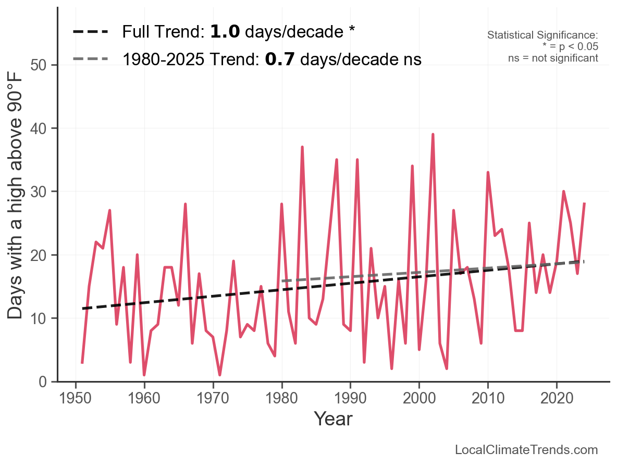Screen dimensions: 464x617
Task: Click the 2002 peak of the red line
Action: [x=433, y=135]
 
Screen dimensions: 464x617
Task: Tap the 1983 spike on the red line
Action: [x=302, y=147]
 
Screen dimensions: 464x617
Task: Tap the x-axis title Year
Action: [x=333, y=419]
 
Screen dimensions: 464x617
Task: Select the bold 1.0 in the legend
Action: [x=225, y=32]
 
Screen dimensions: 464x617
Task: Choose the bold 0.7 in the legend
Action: [x=280, y=59]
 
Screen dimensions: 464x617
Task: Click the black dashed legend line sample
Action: [x=91, y=32]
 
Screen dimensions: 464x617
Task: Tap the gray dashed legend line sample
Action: [x=91, y=59]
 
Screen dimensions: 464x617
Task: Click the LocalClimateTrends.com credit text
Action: [x=526, y=450]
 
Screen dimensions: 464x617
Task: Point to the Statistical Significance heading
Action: [x=542, y=35]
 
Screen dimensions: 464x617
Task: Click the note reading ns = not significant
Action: [x=553, y=58]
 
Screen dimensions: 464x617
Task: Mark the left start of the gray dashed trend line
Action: [x=282, y=281]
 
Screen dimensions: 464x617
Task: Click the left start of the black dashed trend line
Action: [x=82, y=308]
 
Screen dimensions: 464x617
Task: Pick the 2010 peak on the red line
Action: [x=488, y=172]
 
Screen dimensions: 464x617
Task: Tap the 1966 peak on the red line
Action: [x=186, y=204]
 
